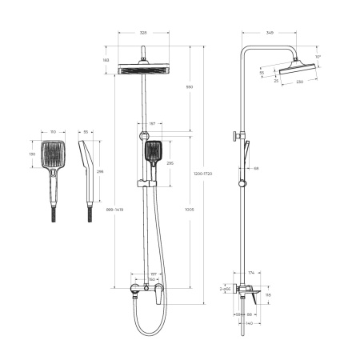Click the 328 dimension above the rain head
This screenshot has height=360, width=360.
click(x=143, y=34)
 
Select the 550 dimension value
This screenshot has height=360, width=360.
click(x=189, y=86)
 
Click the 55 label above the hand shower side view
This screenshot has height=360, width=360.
click(x=86, y=130)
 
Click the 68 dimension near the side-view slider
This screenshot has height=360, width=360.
click(x=257, y=169)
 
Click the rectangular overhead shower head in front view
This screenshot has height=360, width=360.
click(x=143, y=70)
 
